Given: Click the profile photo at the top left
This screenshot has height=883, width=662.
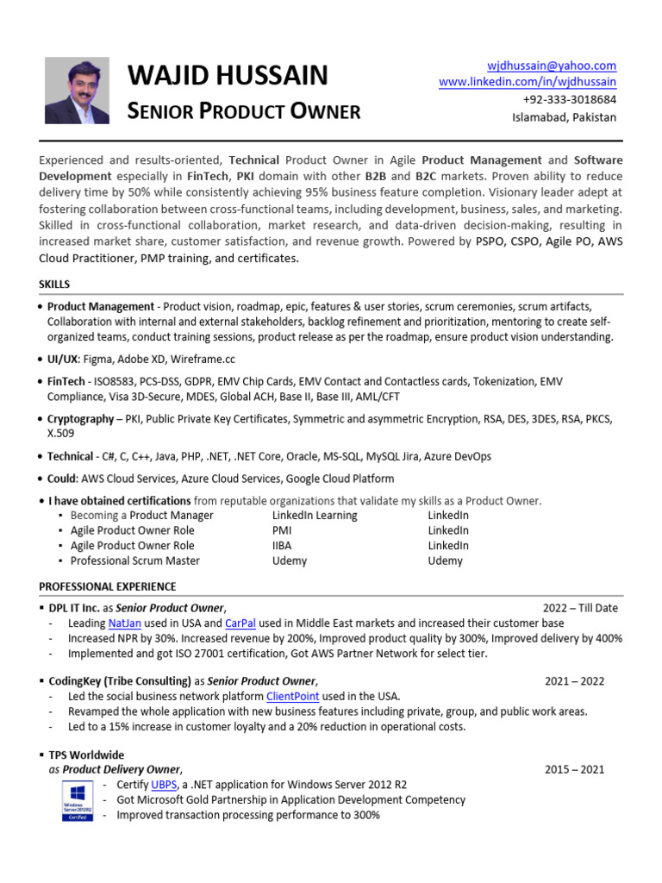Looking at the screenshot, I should (77, 91).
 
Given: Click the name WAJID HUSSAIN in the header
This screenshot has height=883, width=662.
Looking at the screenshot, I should (228, 76).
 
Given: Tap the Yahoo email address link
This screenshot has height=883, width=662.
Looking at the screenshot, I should (552, 66).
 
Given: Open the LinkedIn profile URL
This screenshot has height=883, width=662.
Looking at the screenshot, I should (528, 82).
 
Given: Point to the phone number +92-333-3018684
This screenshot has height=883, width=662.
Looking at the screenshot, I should (569, 99).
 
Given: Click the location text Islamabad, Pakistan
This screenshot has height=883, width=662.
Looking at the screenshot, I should (564, 117).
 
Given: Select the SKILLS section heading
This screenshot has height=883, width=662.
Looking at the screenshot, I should (54, 284).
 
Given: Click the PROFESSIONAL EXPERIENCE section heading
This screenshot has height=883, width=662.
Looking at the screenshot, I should (107, 586).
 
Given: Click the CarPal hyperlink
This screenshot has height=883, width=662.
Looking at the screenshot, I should (240, 623).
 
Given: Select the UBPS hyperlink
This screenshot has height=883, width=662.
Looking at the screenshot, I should (164, 785).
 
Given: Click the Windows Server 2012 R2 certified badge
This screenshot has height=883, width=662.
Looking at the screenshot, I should (78, 800).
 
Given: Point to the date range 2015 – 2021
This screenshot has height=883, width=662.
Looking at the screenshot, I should (574, 769).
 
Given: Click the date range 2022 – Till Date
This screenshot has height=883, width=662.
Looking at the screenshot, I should (580, 607).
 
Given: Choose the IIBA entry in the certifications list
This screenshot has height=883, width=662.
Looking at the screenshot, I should (283, 545).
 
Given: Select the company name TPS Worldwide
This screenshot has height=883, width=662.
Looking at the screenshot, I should (86, 755).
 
